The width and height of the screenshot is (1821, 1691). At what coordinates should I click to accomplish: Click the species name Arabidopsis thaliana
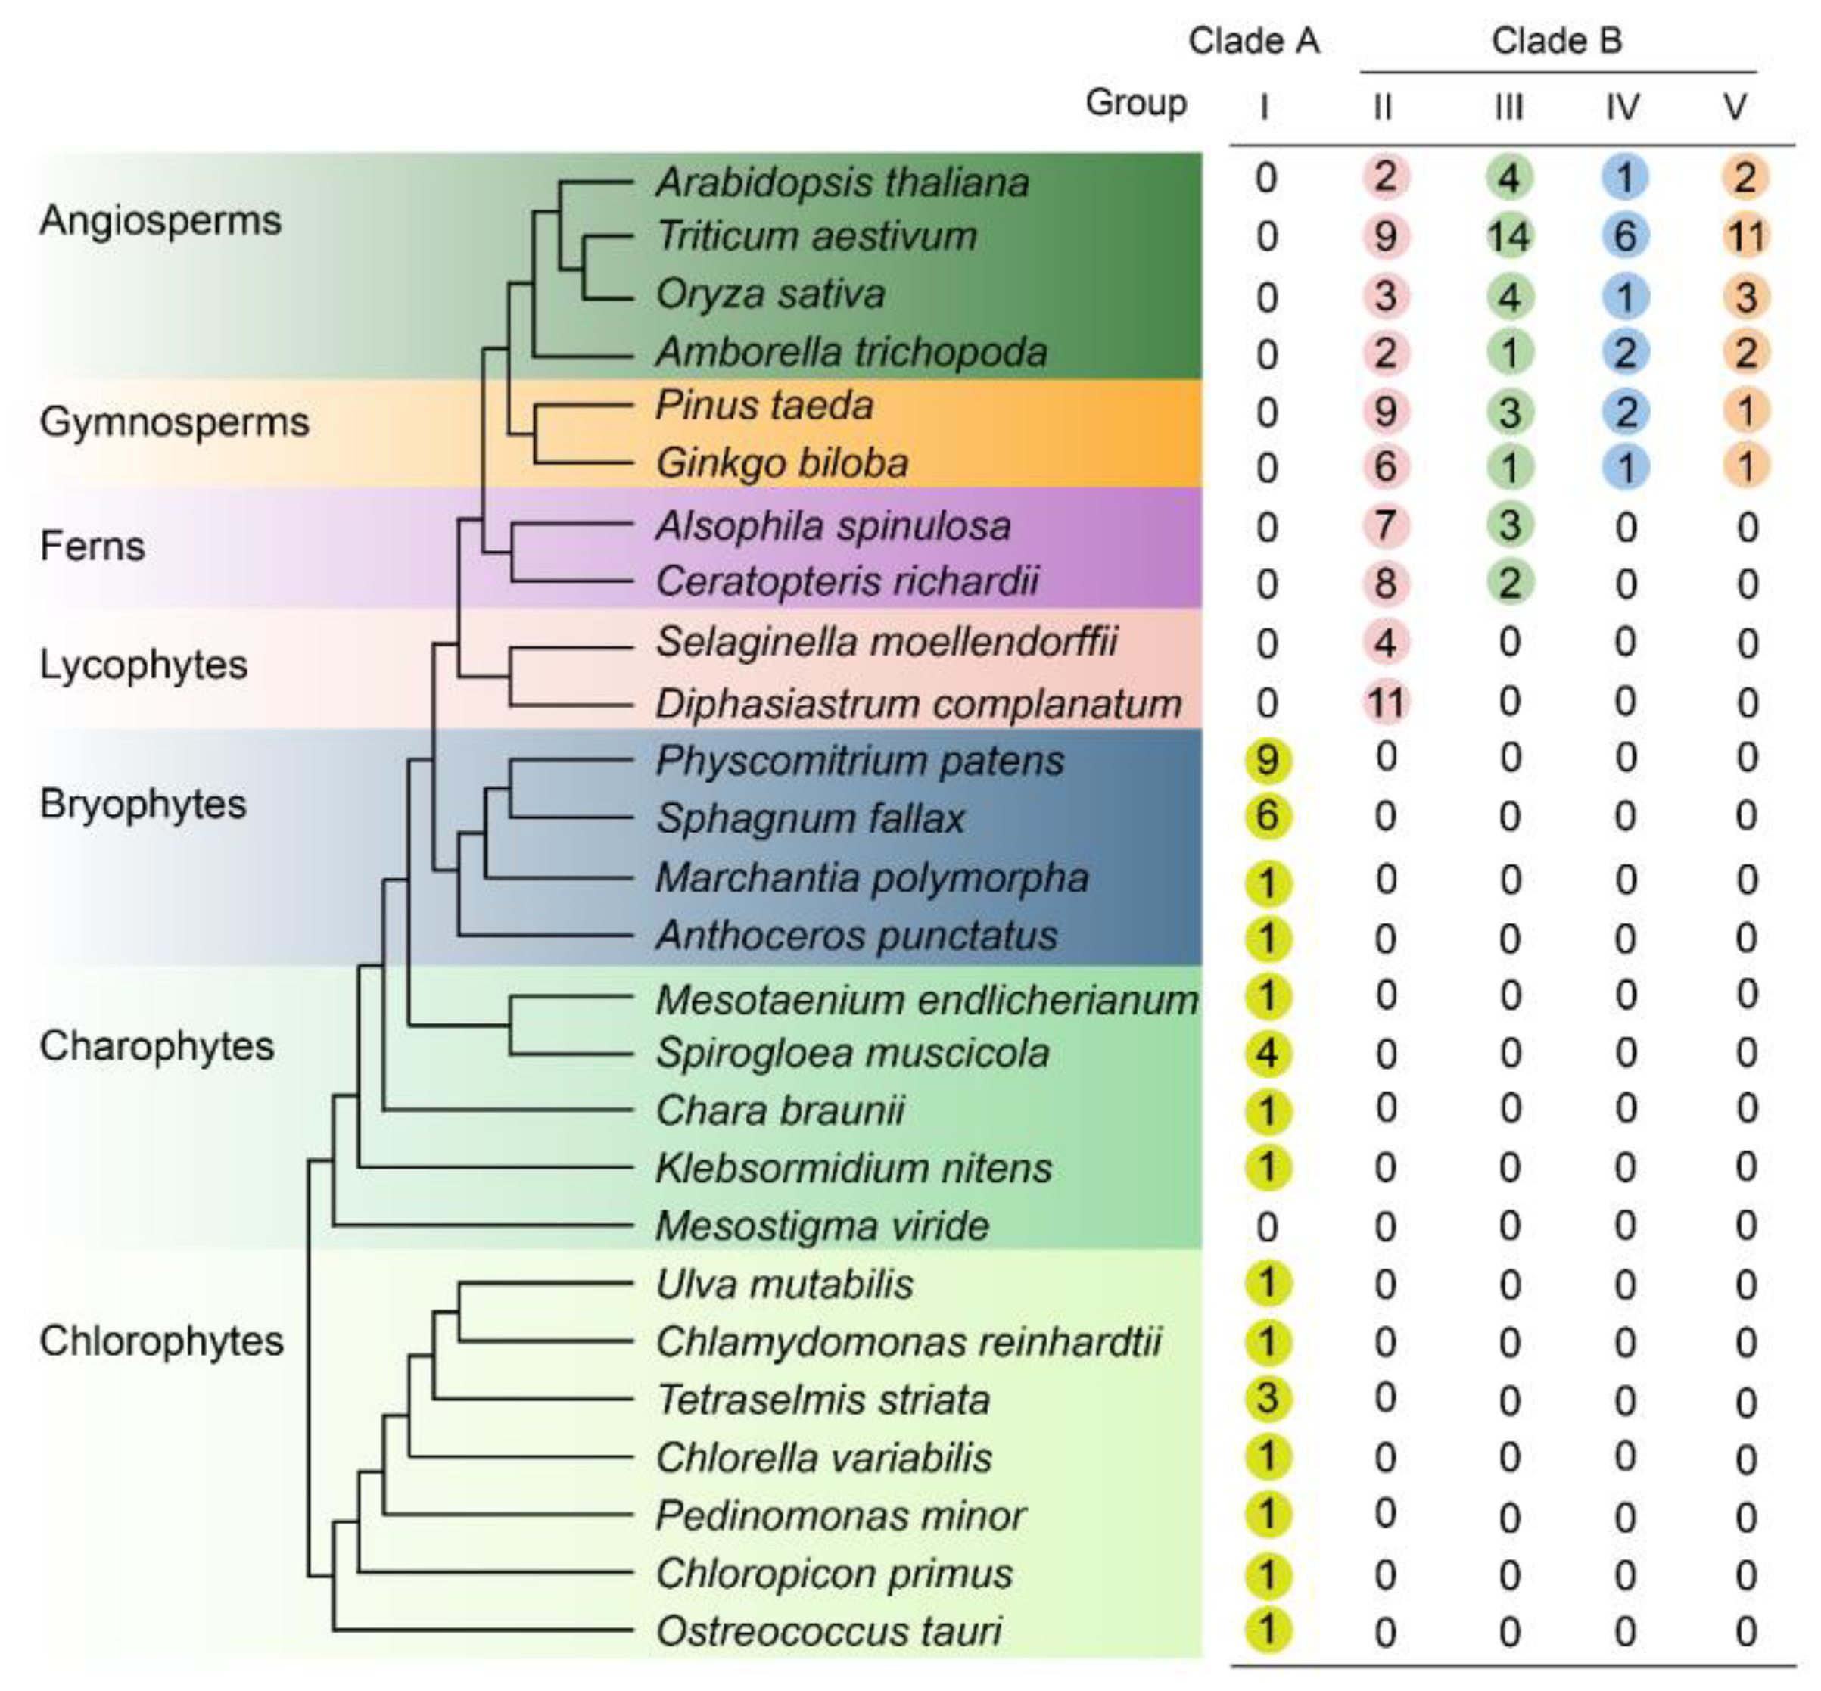pos(842,182)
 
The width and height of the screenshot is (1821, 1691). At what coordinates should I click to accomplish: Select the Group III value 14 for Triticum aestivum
pos(1508,236)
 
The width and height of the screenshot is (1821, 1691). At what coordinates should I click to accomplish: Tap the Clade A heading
pos(1253,41)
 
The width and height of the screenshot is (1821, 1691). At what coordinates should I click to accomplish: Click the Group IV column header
pos(1623,107)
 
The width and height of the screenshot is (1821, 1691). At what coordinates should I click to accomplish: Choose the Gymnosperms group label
pos(174,422)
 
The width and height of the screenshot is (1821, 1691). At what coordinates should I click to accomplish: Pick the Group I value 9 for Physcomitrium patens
pos(1266,759)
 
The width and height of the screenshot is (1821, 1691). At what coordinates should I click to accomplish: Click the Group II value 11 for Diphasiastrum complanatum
pos(1385,702)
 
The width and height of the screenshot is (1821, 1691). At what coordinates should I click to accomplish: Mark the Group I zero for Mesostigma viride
pos(1266,1226)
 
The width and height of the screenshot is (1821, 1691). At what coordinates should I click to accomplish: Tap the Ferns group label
pos(92,547)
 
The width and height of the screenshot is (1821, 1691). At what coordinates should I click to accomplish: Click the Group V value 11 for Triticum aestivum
pos(1744,236)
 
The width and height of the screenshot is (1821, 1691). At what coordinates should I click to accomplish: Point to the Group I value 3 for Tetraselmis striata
pos(1266,1398)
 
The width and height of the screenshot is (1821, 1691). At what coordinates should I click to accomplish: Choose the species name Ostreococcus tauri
pos(828,1630)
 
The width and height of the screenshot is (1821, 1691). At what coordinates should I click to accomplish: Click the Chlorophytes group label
pos(161,1341)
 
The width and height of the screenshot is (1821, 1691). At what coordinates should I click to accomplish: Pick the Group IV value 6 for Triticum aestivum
pos(1624,236)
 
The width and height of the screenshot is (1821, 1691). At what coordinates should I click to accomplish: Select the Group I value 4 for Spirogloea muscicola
pos(1266,1053)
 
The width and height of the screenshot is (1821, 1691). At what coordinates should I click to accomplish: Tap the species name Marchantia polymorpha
pos(871,877)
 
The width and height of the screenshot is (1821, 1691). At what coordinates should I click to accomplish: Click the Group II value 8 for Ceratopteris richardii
pos(1385,584)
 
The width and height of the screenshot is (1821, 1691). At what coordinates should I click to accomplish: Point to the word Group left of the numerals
pos(1135,102)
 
